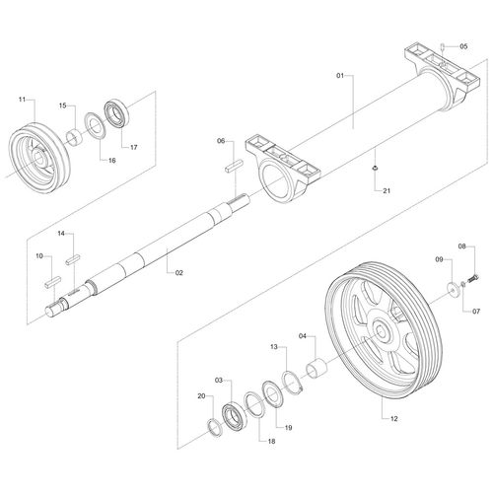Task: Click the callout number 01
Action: click(340, 76)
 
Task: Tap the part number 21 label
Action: click(387, 190)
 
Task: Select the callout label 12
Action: click(394, 419)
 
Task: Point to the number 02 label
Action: click(179, 273)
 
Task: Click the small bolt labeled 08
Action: click(474, 279)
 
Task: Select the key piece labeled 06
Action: click(235, 165)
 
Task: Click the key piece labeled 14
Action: click(73, 259)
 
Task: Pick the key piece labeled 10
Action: click(52, 282)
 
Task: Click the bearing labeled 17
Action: click(117, 113)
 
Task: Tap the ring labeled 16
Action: click(96, 125)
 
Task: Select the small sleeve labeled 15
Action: click(75, 137)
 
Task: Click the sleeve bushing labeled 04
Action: click(317, 370)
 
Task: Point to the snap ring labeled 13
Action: click(293, 382)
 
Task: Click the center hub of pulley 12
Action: click(382, 331)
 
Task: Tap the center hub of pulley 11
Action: click(38, 157)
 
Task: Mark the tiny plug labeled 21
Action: click(374, 169)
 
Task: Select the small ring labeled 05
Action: click(443, 45)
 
